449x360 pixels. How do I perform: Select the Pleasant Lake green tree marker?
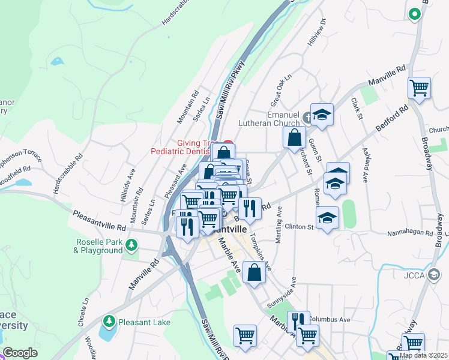pos(109,321)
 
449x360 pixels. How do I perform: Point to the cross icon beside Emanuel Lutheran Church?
pos(308,117)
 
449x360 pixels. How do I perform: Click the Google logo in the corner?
pos(20,353)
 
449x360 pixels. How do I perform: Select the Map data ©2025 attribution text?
pos(423,355)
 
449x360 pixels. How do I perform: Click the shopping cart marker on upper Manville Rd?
pos(419,88)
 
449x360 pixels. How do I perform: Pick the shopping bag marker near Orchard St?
pos(294,137)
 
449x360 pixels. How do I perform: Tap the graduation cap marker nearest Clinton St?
pos(327,217)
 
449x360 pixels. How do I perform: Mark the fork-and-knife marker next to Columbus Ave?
pos(296,321)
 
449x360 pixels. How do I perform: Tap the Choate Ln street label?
pos(83,312)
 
